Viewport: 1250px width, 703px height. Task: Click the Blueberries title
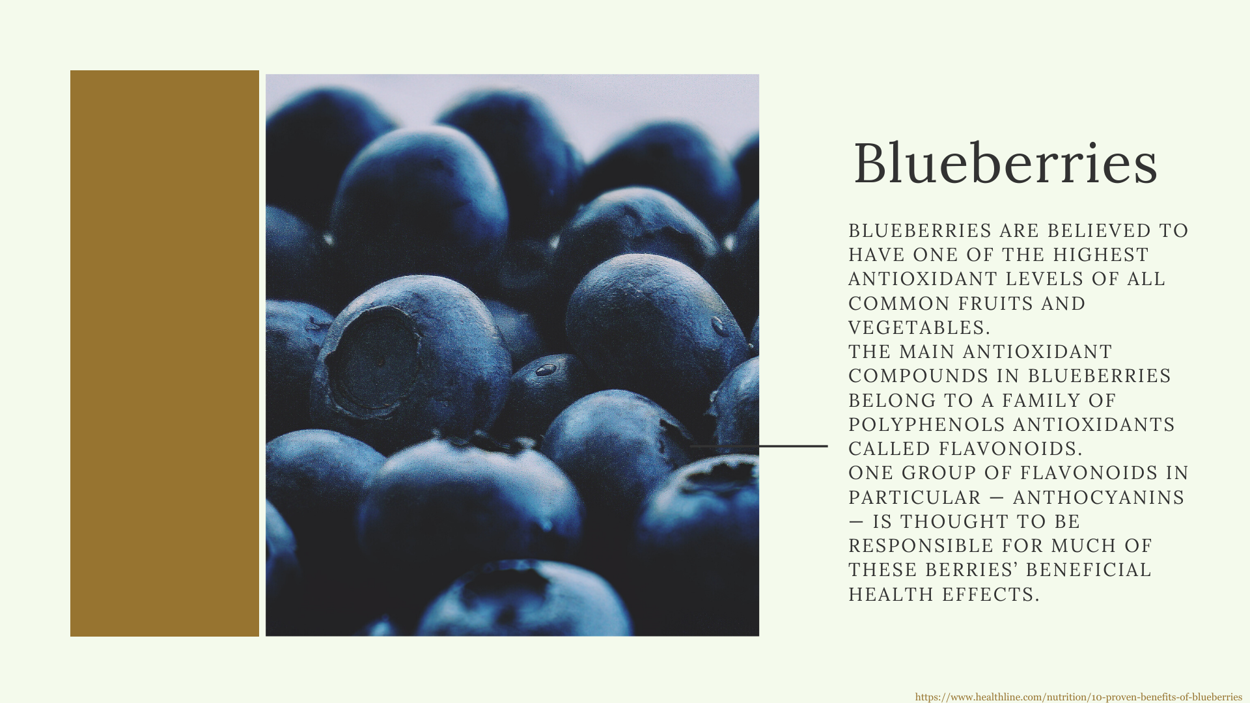[1005, 163]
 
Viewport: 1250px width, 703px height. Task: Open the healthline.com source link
[1079, 696]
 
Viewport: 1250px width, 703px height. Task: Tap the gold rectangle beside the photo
[165, 353]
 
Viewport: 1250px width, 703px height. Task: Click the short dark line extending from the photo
[759, 447]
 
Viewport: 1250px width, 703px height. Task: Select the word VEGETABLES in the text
[919, 327]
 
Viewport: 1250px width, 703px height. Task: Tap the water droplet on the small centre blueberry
[546, 370]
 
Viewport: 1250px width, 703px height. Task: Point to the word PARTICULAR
[915, 497]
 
